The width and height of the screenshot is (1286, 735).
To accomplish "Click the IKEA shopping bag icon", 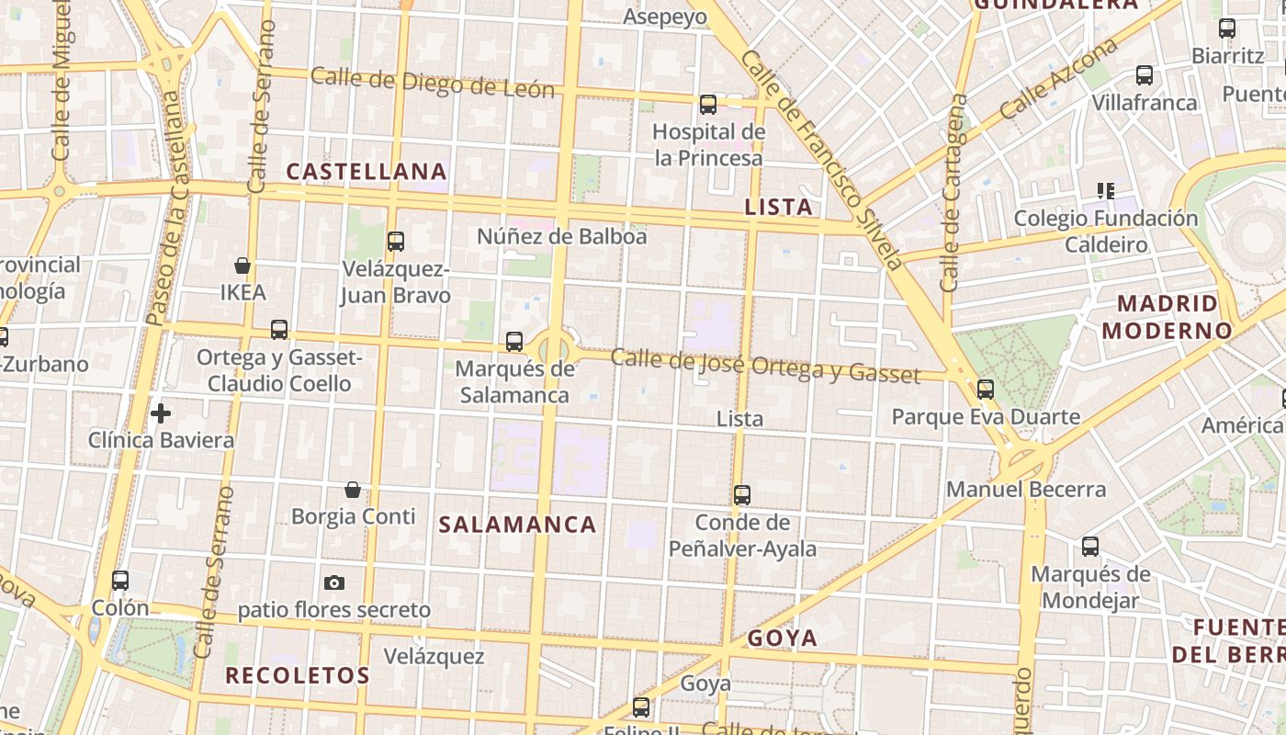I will (x=243, y=266).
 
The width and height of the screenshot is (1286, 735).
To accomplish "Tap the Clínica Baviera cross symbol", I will (x=161, y=413).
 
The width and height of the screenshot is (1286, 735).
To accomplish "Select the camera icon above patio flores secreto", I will (x=334, y=582).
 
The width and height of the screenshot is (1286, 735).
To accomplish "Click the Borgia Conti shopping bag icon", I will (x=352, y=490).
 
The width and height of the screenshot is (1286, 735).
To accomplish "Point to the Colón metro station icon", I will (x=120, y=581).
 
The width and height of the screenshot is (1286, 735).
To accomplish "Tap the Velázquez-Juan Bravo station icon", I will (x=396, y=242).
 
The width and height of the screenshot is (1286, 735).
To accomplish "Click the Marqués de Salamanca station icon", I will (x=514, y=342).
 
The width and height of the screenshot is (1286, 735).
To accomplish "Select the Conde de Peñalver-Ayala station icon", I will (x=742, y=495).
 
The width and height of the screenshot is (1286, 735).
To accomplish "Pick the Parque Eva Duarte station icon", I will (x=986, y=390).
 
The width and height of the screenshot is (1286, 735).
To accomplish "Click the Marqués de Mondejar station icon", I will (x=1090, y=547).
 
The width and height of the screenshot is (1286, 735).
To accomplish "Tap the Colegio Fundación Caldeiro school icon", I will (x=1106, y=191).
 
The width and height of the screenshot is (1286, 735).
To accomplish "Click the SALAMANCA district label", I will (x=517, y=525).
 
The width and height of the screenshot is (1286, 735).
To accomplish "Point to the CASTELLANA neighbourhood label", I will (x=367, y=172).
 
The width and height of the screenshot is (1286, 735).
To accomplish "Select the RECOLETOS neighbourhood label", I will (x=298, y=675).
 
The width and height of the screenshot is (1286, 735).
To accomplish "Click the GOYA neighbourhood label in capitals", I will (x=782, y=638).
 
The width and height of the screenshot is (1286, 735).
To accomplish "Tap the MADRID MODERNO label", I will (x=1168, y=317).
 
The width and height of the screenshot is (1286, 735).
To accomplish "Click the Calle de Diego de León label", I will (x=433, y=82).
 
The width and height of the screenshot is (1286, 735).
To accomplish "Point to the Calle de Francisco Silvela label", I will (x=822, y=161).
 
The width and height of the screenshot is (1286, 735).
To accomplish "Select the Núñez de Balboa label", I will (x=561, y=236).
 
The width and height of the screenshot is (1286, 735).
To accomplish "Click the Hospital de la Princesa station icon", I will (x=708, y=105).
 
